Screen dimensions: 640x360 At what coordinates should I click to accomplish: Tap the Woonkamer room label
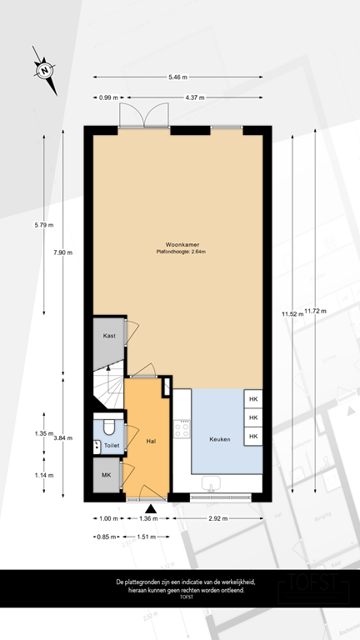[180, 245]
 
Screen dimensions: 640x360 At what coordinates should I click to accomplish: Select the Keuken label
[219, 437]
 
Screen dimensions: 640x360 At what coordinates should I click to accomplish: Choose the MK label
[106, 476]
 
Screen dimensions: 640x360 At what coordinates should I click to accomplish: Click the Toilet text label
[111, 447]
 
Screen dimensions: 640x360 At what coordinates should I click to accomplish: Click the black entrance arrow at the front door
[151, 509]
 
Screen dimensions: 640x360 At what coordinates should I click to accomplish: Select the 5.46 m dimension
[180, 77]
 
